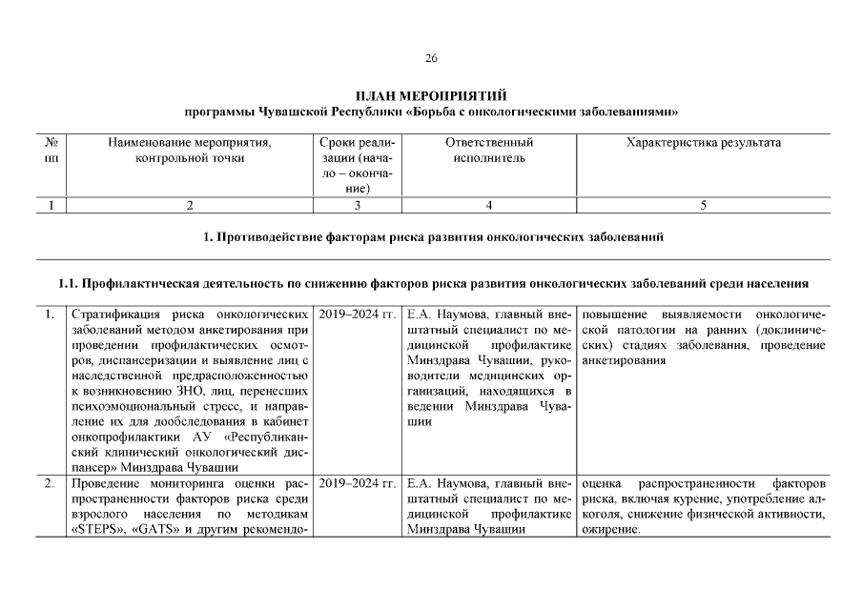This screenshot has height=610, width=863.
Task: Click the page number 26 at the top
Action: point(431,59)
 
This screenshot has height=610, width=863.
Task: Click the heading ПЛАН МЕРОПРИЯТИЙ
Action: point(431,96)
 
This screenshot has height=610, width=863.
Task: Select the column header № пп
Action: point(51,151)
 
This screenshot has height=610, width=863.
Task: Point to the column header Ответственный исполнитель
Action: point(488,151)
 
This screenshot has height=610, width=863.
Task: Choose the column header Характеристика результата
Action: point(703,143)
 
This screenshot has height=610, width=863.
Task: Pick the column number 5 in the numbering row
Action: point(703,205)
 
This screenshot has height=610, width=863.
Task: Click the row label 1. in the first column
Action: point(49,315)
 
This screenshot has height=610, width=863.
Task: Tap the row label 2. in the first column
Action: point(49,484)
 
